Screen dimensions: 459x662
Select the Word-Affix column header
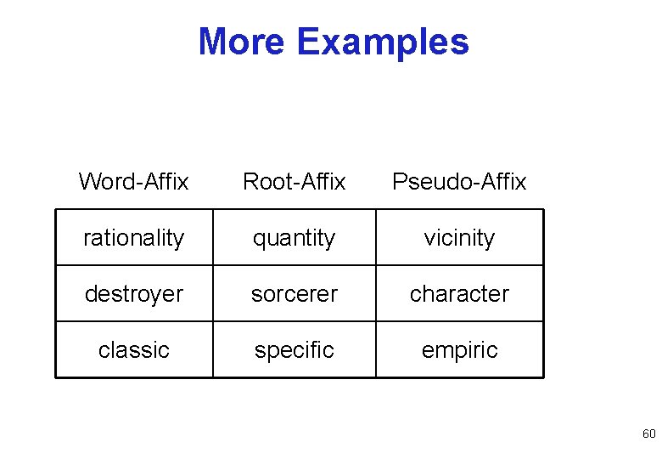pyautogui.click(x=133, y=181)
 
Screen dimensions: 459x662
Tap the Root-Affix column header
pyautogui.click(x=295, y=181)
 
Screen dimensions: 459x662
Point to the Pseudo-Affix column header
pyautogui.click(x=459, y=181)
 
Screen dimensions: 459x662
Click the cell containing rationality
pyautogui.click(x=133, y=238)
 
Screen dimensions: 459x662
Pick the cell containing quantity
pyautogui.click(x=295, y=238)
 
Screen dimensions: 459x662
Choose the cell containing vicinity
pyautogui.click(x=459, y=238)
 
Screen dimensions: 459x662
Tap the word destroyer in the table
pyautogui.click(x=133, y=294)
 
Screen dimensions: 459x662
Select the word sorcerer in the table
pyautogui.click(x=295, y=294)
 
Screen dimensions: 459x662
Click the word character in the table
pyautogui.click(x=459, y=294)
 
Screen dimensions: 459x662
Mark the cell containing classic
pyautogui.click(x=133, y=350)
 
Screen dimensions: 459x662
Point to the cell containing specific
pyautogui.click(x=295, y=350)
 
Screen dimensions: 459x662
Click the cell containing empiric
pyautogui.click(x=459, y=350)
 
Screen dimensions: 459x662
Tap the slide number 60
pyautogui.click(x=648, y=434)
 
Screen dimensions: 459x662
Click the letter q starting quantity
pyautogui.click(x=258, y=240)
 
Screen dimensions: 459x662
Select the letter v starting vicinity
pyautogui.click(x=429, y=239)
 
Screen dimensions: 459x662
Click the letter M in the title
pyautogui.click(x=213, y=42)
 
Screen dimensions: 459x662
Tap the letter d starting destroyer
pyautogui.click(x=90, y=294)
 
